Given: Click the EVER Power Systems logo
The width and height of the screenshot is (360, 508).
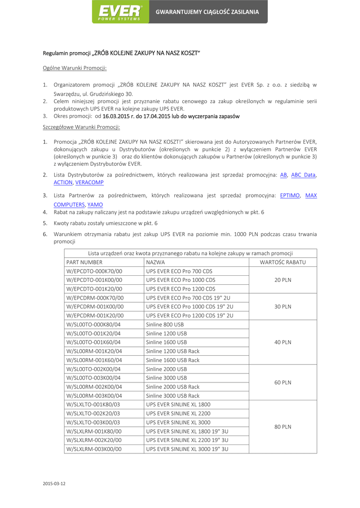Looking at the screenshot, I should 121,12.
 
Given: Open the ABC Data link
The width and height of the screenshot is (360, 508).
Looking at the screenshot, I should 303,175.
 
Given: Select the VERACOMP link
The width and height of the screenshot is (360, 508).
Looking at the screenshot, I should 90,182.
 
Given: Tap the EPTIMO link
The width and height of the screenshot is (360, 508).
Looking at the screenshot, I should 290,195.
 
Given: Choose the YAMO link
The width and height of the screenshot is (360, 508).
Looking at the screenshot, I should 95,204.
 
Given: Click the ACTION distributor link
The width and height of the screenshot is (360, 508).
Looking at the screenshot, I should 63,182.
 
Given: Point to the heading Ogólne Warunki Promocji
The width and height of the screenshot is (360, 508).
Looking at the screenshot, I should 74,67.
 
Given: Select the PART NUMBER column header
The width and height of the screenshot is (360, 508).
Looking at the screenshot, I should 84,262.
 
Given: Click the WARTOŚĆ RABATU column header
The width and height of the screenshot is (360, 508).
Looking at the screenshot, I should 283,262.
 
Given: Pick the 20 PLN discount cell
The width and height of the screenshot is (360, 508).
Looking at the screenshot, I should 283,280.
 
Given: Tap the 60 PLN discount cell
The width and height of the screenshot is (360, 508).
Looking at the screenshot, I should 283,382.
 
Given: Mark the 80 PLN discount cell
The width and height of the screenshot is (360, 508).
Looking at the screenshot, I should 283,427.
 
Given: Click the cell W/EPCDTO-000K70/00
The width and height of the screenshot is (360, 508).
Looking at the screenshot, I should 94,271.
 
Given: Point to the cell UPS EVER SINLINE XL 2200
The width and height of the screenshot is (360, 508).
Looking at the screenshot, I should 179,413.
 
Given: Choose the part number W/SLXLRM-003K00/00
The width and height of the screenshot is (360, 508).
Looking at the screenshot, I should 94,449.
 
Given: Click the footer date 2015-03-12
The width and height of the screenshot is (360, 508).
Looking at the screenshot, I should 54,483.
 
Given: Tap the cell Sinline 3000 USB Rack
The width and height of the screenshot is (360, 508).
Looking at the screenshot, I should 173,396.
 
